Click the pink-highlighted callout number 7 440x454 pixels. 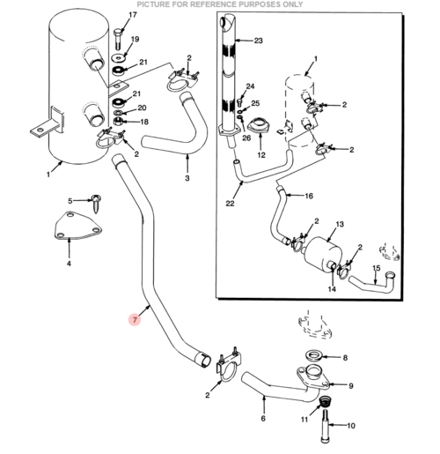click(135, 319)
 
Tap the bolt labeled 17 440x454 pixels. click(118, 39)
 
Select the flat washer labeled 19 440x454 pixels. click(119, 58)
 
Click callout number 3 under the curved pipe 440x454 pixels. click(187, 178)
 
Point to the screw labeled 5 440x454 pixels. click(96, 203)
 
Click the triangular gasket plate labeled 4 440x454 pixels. click(77, 226)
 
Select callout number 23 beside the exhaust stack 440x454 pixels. click(258, 41)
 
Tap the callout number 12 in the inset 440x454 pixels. click(261, 155)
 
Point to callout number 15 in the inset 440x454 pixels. click(377, 268)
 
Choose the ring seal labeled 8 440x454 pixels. click(314, 354)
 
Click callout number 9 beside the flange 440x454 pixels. click(351, 385)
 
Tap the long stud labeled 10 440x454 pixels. click(325, 426)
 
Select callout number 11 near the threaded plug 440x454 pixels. click(304, 420)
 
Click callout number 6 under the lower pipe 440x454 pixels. click(263, 418)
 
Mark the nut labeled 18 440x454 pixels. click(118, 121)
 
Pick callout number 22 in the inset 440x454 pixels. click(230, 203)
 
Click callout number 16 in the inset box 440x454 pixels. click(309, 196)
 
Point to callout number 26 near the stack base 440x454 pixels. click(246, 138)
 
